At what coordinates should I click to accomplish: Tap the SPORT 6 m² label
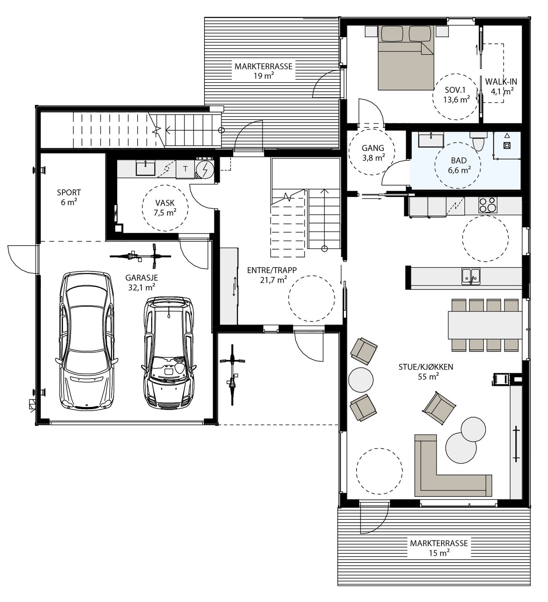[x=69, y=197]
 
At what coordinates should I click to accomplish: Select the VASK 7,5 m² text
[x=165, y=208]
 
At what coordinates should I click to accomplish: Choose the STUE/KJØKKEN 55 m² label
[x=426, y=371]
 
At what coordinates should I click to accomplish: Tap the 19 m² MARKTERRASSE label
[x=263, y=71]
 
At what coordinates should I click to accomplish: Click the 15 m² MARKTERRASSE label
[x=439, y=548]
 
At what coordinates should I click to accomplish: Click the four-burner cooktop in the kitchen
[x=488, y=205]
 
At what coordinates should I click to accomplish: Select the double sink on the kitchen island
[x=471, y=276]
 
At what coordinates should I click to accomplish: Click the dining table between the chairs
[x=485, y=325]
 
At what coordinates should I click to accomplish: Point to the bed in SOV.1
[x=406, y=58]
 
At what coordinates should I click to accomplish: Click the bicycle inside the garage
[x=140, y=256]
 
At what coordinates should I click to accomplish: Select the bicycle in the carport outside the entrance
[x=233, y=375]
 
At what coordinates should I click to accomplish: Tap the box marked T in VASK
[x=185, y=169]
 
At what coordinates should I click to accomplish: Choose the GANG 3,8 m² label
[x=373, y=153]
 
